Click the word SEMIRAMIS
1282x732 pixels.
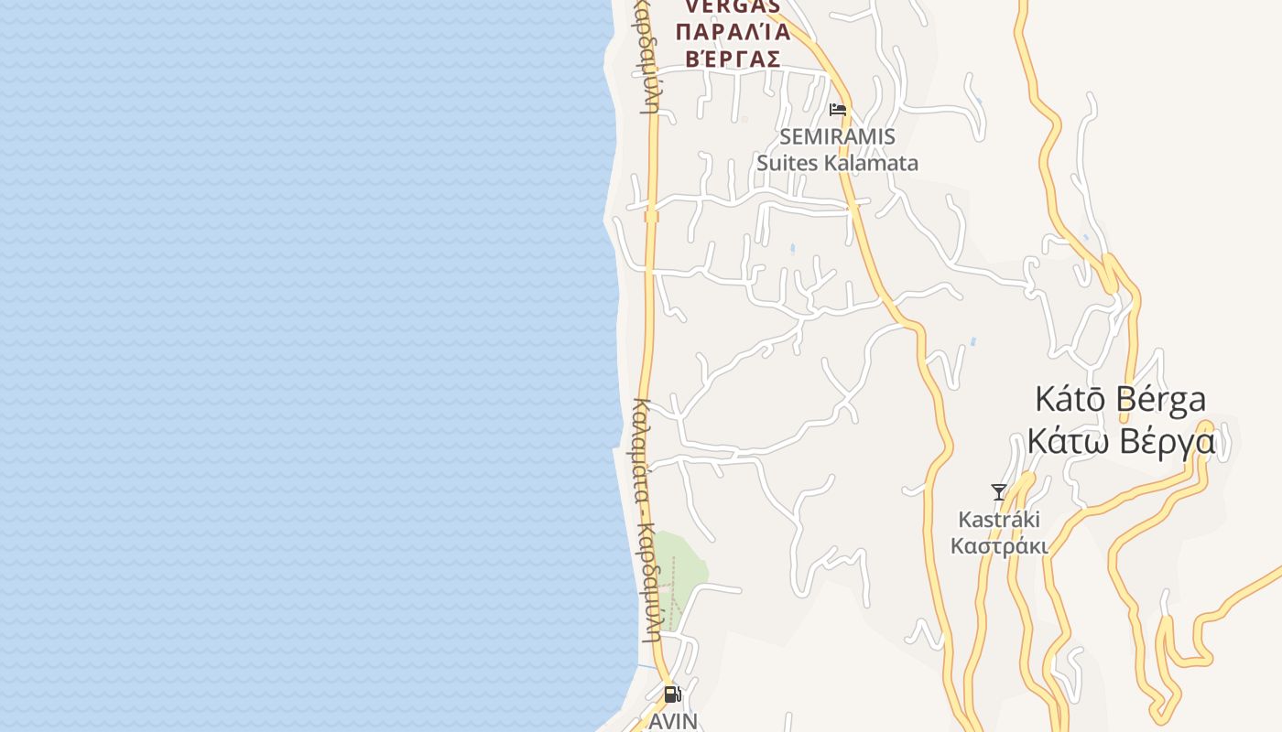coord(837,137)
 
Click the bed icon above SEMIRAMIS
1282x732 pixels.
coord(837,111)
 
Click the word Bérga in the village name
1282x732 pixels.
coord(1161,400)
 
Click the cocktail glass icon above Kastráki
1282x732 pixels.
coord(999,492)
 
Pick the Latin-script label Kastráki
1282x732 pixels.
coord(999,520)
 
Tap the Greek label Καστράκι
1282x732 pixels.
coord(999,546)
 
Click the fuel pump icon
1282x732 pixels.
coord(672,694)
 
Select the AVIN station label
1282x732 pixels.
coord(673,721)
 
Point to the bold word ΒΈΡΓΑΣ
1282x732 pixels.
coord(733,59)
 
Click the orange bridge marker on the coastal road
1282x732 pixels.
coord(651,217)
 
